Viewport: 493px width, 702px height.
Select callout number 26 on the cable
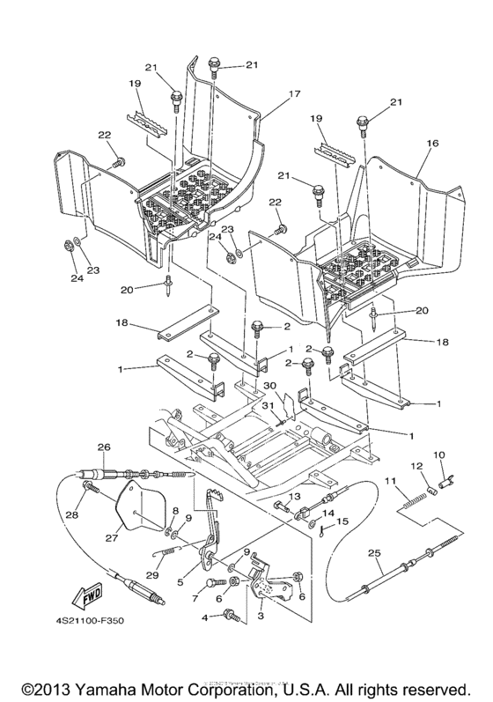pos(104,447)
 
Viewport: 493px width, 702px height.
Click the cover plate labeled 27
pos(135,511)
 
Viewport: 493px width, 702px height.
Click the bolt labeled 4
pos(232,618)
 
